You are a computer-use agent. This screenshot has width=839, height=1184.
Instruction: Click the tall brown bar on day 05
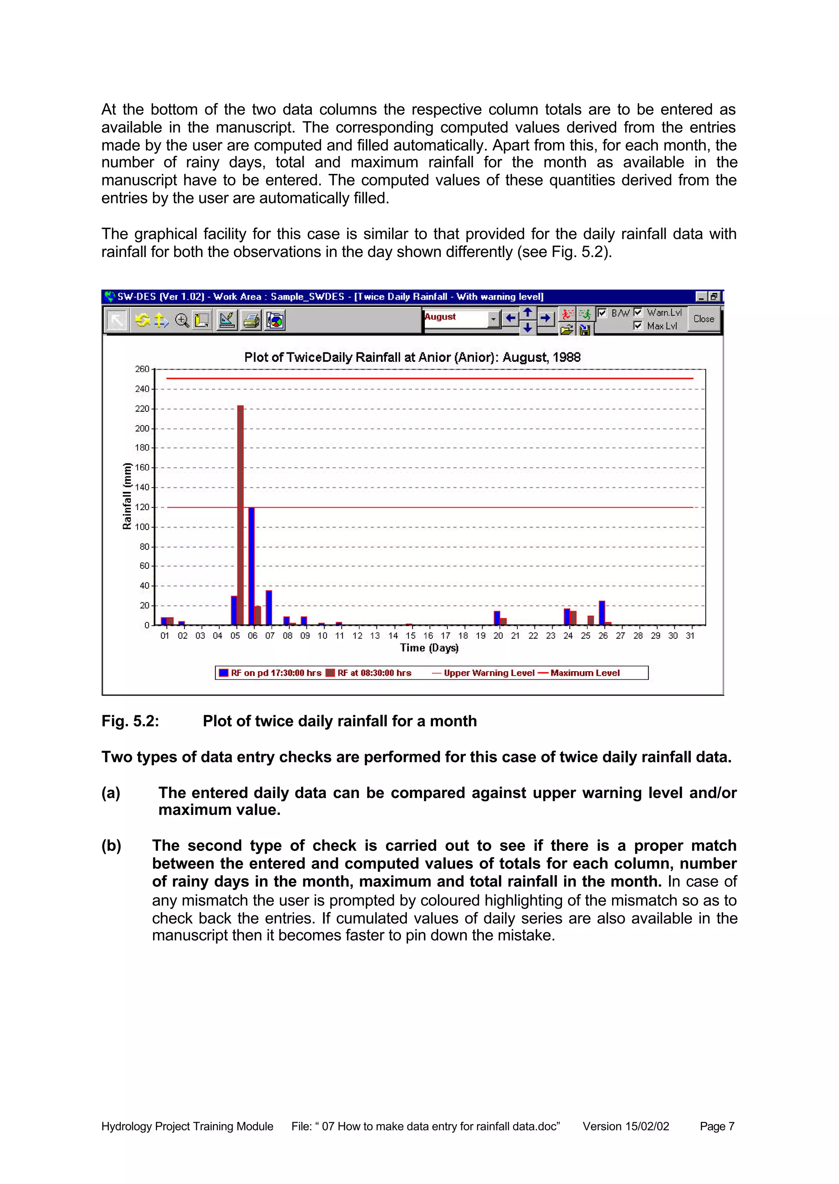(240, 514)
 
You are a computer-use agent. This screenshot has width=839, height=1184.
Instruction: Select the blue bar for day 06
(252, 566)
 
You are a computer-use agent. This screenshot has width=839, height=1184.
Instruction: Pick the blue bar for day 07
(269, 607)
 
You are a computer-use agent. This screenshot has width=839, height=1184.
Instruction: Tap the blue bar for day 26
(601, 613)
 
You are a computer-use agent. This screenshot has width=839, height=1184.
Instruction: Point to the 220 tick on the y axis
(142, 409)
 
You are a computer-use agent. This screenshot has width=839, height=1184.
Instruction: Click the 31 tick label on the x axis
(690, 636)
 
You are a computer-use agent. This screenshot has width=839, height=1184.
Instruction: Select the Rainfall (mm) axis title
(127, 496)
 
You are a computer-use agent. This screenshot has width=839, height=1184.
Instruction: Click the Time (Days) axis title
(429, 648)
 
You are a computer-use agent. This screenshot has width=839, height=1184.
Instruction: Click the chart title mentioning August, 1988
(412, 357)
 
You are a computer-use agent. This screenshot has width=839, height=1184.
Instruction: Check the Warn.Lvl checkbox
(638, 312)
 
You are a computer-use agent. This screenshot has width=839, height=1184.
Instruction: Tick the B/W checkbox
(602, 312)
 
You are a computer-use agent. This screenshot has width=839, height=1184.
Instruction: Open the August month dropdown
(493, 319)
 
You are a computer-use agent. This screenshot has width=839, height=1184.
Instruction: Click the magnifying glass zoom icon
(181, 320)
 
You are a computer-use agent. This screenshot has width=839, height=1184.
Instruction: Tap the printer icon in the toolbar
(252, 320)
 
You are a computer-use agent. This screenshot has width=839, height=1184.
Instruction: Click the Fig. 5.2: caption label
(130, 721)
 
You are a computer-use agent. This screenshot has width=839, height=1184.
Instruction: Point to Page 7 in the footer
(717, 1126)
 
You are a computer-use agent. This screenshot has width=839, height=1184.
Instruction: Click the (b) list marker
(111, 846)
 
